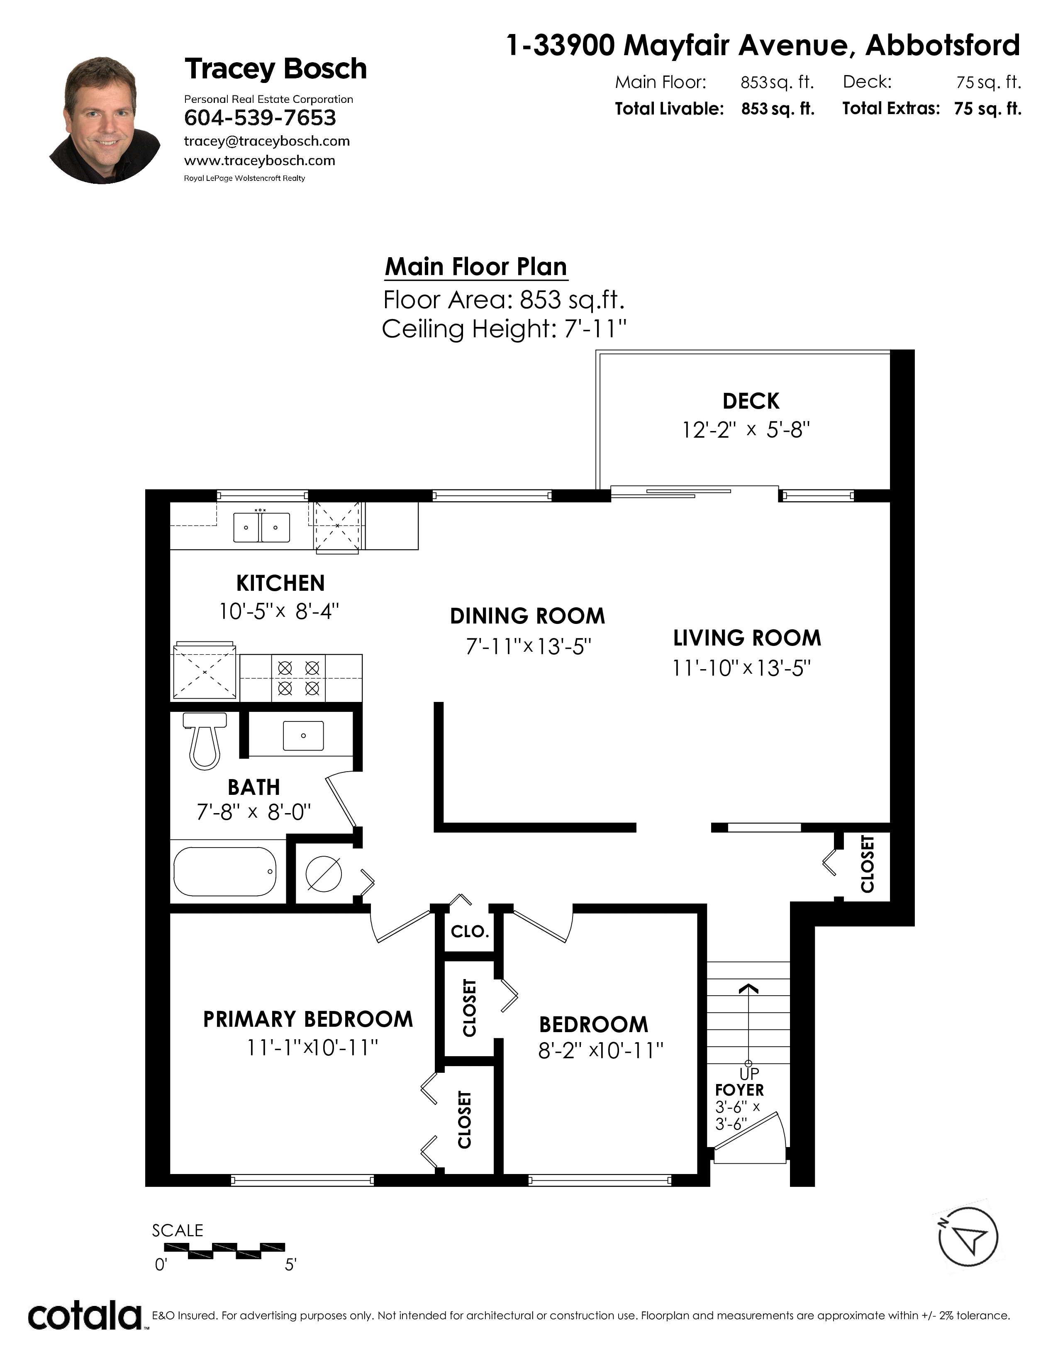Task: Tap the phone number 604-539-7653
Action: [x=260, y=118]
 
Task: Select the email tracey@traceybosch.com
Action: [x=267, y=141]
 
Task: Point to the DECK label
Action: [x=751, y=401]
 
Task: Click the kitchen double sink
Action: [x=261, y=527]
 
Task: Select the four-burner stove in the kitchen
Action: [x=298, y=677]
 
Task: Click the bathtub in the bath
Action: [x=225, y=871]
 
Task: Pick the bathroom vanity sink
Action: [x=303, y=735]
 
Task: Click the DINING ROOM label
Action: [x=528, y=616]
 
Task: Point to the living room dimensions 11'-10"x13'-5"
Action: [x=741, y=668]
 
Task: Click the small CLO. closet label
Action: [x=469, y=931]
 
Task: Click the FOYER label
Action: [x=740, y=1090]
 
